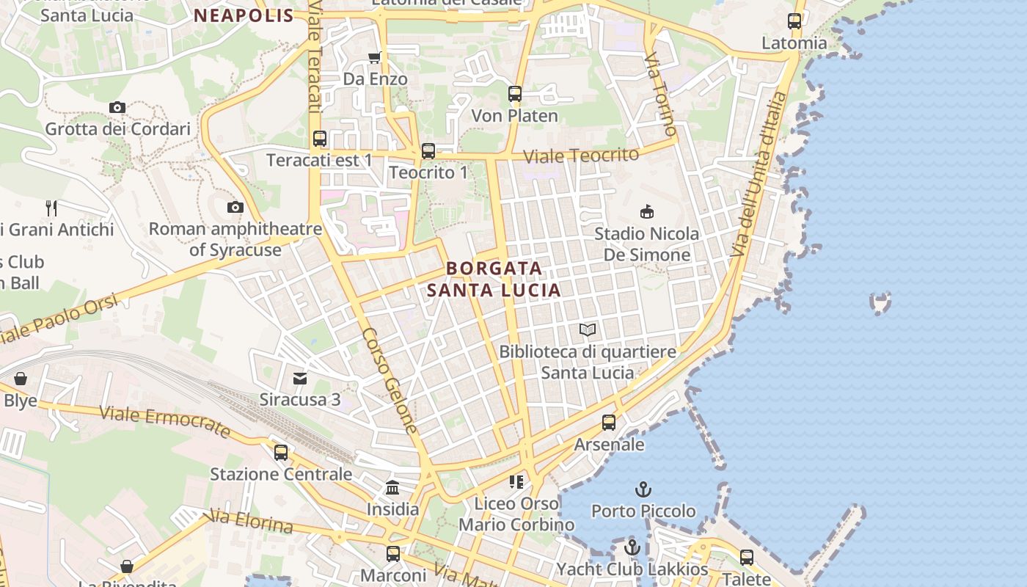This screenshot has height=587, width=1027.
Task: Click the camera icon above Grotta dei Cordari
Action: click(x=117, y=107)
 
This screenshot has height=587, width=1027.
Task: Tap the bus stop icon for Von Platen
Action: click(x=515, y=94)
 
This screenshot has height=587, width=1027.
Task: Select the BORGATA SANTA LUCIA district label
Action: click(x=494, y=279)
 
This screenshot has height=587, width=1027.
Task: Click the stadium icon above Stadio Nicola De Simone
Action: click(x=646, y=212)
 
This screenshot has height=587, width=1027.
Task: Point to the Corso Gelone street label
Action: click(x=390, y=380)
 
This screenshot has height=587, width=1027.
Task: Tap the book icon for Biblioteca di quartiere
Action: click(x=588, y=330)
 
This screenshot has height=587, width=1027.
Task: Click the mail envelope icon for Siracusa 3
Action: click(x=300, y=379)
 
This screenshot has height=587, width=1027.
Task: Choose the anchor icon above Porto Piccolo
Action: click(x=643, y=489)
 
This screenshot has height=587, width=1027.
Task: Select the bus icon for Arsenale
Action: click(x=609, y=423)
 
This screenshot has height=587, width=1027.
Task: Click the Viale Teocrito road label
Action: click(x=582, y=156)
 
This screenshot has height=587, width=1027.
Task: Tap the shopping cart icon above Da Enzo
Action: click(x=375, y=57)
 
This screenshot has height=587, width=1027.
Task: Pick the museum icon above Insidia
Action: click(x=392, y=488)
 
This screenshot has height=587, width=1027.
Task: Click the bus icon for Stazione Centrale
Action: click(x=281, y=453)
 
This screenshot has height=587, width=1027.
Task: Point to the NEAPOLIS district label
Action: click(x=244, y=15)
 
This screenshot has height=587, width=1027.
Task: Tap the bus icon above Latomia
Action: click(x=794, y=21)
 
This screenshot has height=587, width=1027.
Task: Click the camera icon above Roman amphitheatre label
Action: click(x=235, y=207)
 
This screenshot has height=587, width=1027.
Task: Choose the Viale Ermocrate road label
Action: click(x=164, y=422)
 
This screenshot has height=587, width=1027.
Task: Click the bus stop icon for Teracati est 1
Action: click(x=320, y=139)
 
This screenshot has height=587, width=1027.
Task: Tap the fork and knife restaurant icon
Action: click(x=51, y=208)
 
